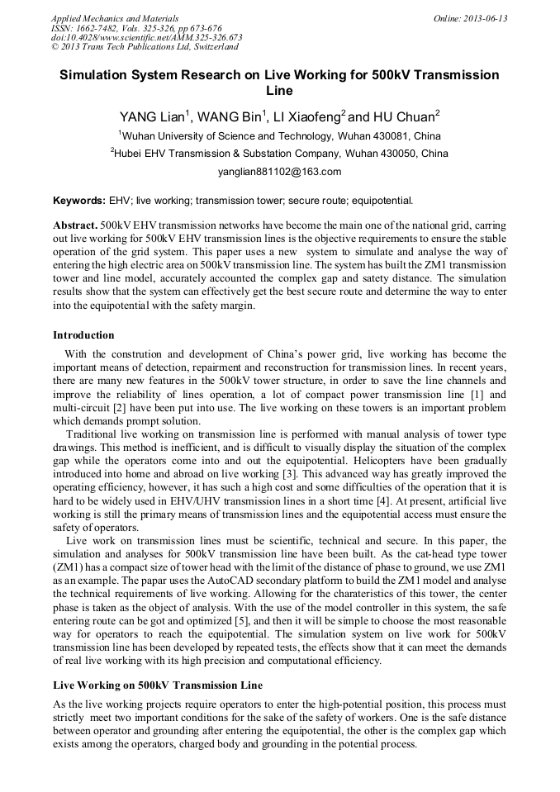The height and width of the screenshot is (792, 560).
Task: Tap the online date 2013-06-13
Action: point(470,18)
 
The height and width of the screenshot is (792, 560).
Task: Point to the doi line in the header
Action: point(146,37)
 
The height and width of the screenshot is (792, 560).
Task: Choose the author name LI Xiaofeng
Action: point(306,115)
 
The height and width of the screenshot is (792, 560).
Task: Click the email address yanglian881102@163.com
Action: point(279,172)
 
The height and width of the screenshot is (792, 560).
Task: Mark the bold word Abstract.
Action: point(75,225)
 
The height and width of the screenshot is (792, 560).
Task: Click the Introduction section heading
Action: point(83,335)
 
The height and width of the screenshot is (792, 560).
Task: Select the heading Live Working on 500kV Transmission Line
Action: point(158,685)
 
